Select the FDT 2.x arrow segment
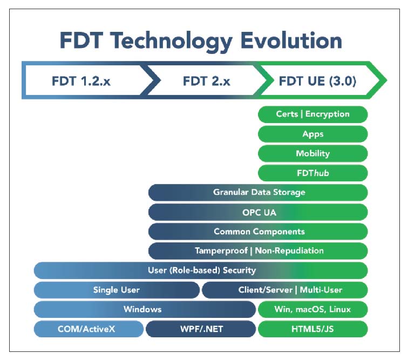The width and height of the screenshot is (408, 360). tap(206, 81)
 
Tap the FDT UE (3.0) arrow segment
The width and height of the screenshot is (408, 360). tap(317, 81)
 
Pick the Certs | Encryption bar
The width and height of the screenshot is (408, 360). tap(312, 114)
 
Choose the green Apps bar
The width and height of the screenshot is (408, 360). tap(312, 134)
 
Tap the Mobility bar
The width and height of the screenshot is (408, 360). tap(312, 153)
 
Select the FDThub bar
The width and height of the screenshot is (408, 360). tap(312, 173)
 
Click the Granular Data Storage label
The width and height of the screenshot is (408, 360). tap(259, 192)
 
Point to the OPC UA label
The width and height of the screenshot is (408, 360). tap(259, 212)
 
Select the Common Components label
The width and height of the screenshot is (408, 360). tap(259, 232)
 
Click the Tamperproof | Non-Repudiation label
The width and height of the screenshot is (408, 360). tap(259, 251)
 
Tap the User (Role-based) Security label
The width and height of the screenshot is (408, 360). tap(201, 270)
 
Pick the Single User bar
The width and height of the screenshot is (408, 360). tap(116, 290)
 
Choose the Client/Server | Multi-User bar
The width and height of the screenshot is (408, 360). tap(284, 290)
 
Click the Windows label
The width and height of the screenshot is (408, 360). tap(142, 309)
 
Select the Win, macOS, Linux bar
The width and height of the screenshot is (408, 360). tap(312, 309)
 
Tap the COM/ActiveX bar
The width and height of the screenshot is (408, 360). tap(89, 329)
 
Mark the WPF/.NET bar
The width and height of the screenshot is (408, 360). tap(201, 329)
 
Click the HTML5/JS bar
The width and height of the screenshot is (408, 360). tap(312, 329)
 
